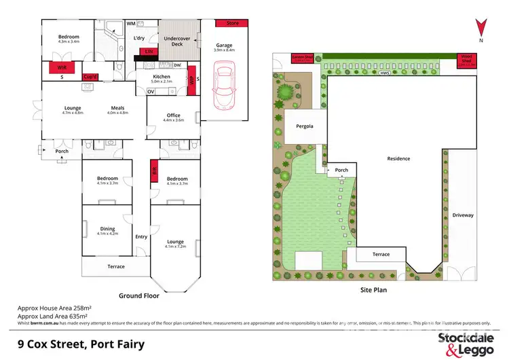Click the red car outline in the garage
click(223, 84)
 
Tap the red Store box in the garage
click(233, 24)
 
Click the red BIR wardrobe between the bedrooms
click(154, 172)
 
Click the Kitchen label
click(161, 77)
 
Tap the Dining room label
click(107, 229)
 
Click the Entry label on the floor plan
click(141, 236)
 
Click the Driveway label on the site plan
click(464, 215)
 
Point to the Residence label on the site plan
click(398, 159)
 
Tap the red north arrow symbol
click(480, 28)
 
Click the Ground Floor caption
click(139, 295)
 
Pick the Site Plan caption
click(373, 289)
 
